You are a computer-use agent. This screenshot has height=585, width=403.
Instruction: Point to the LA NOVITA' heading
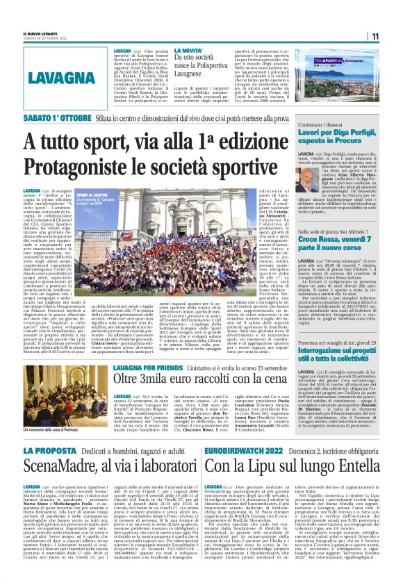[188, 51]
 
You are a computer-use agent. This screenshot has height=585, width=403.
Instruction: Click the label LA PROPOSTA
[47, 452]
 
